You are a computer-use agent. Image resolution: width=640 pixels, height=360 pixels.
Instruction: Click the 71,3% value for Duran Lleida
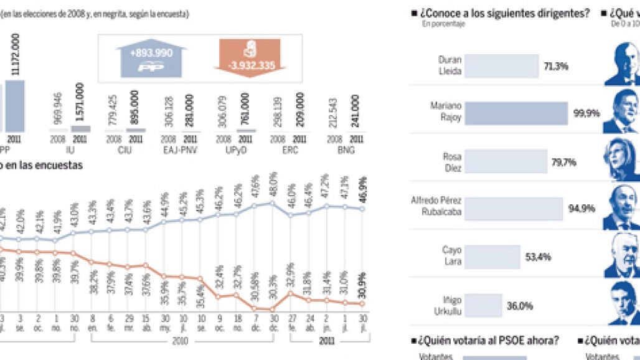coord(556,67)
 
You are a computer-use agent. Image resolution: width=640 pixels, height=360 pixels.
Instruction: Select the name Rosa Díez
coord(451,162)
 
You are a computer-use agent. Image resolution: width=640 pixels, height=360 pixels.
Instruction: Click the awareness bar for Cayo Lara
coord(492,257)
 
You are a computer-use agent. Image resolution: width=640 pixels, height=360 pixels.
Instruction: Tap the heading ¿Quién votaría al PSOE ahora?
coord(489,340)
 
